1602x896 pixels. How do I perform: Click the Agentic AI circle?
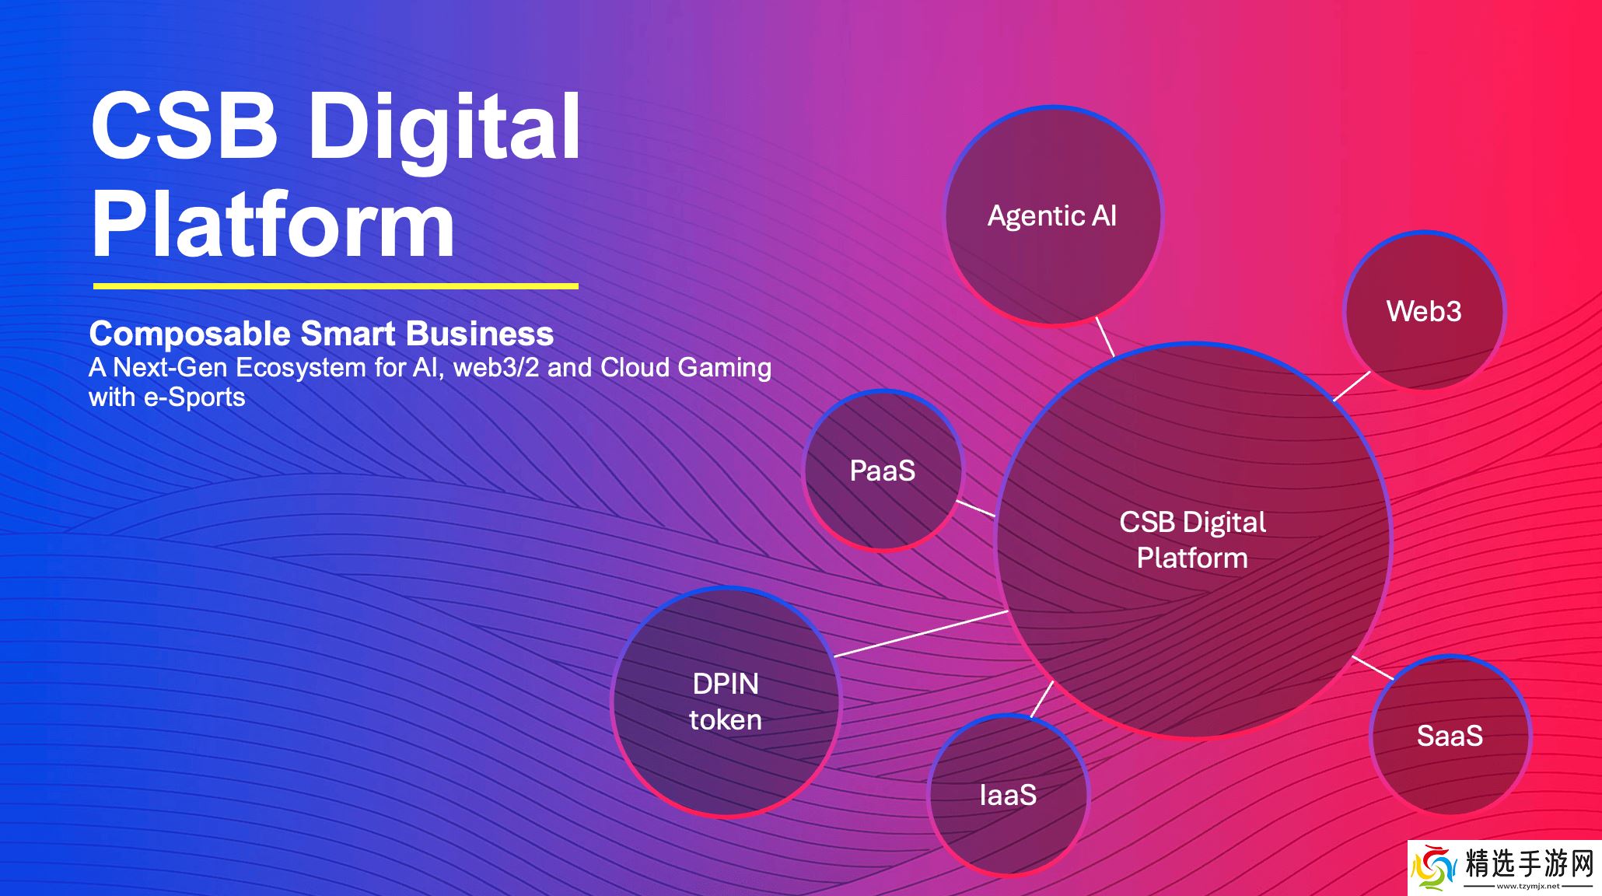(x=1053, y=215)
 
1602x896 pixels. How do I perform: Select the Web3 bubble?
(x=1424, y=310)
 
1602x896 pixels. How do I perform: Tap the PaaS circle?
(x=883, y=470)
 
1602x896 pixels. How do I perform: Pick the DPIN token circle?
(x=726, y=702)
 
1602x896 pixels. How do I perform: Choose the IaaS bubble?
(x=1009, y=794)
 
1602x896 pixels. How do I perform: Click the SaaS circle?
(x=1450, y=735)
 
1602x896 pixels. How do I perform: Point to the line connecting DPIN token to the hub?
(x=921, y=634)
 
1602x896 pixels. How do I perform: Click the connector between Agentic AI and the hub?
(x=1105, y=336)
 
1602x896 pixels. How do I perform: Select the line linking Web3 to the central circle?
(x=1352, y=387)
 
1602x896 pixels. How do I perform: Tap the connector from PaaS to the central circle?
(x=975, y=508)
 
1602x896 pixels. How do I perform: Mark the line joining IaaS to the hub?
(x=1042, y=699)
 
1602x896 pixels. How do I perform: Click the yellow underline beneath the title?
(x=336, y=286)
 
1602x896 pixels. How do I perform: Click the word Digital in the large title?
(x=445, y=127)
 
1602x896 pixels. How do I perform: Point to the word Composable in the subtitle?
(x=190, y=334)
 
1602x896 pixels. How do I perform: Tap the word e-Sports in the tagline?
(x=194, y=397)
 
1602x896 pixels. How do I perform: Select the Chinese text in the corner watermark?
(x=1529, y=863)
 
